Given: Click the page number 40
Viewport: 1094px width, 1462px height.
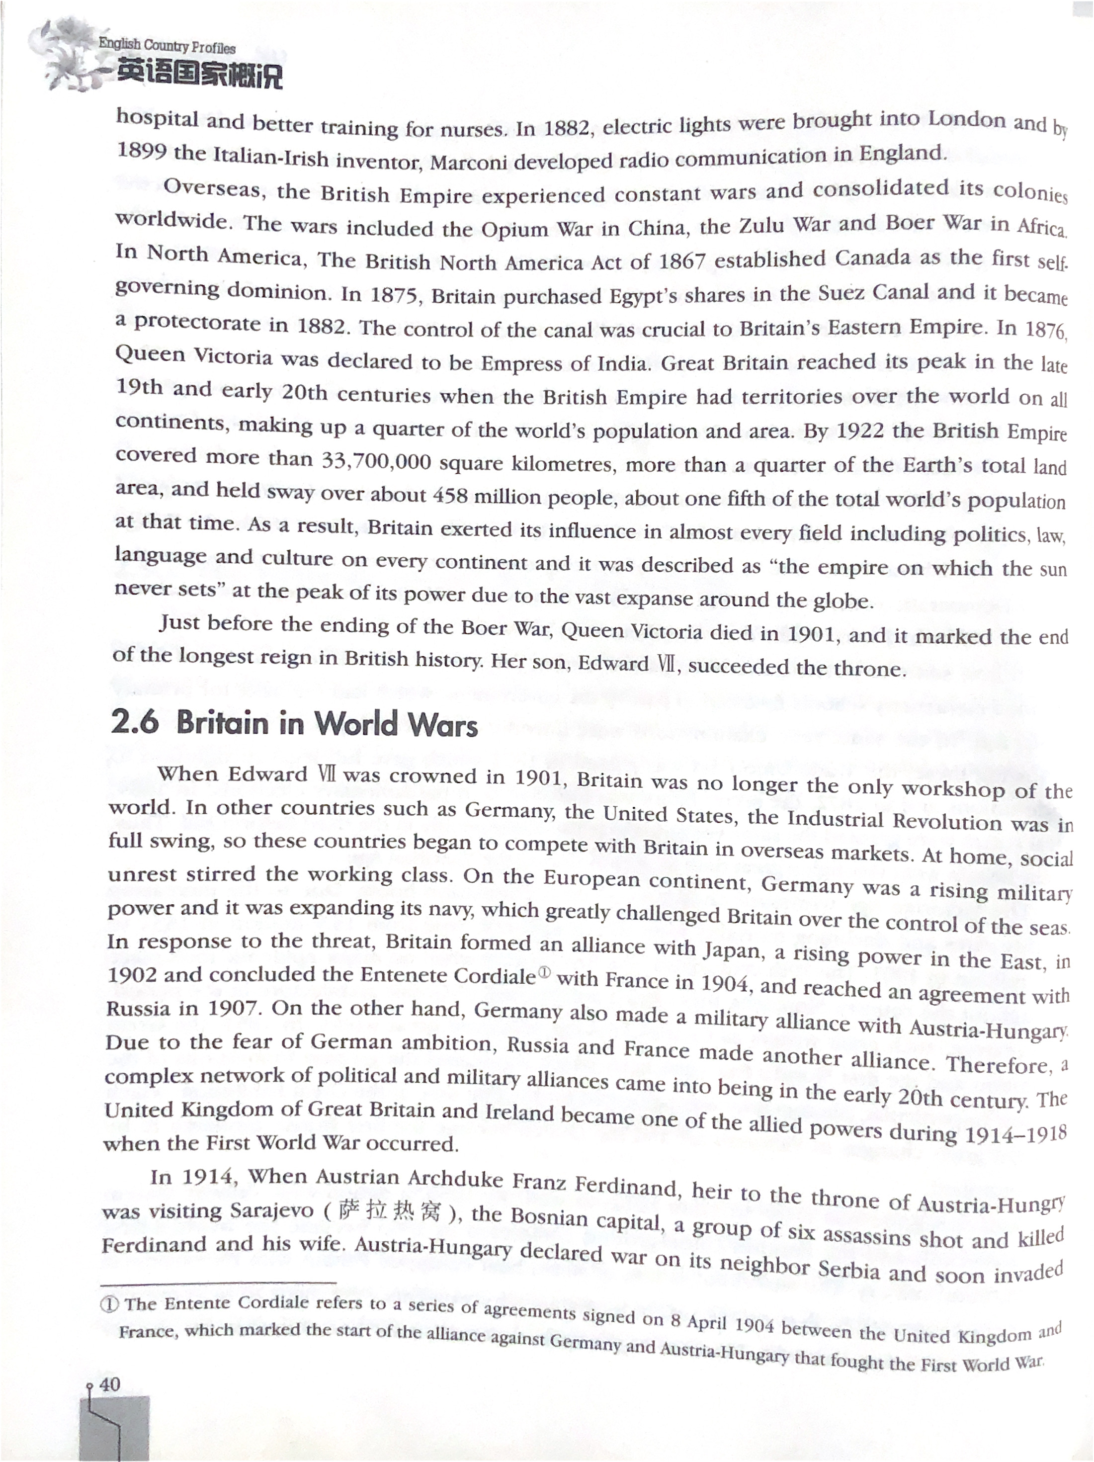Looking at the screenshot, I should tap(110, 1384).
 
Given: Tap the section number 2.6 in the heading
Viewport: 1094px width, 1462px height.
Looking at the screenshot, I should tap(135, 723).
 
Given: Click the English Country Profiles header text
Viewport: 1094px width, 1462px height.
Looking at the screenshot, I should tap(167, 46).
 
